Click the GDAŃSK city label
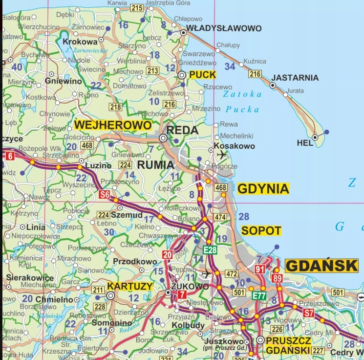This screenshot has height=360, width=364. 321,266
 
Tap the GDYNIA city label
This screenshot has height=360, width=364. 263,189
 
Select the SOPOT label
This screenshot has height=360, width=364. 261,231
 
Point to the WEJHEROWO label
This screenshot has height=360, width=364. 113,125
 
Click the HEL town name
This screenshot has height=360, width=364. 305,143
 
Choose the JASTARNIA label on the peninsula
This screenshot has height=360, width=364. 295,78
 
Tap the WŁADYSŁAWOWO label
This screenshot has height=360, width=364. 224,28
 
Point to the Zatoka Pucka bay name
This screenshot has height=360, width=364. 242,101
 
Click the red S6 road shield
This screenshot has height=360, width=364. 105,195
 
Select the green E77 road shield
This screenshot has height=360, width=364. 259,295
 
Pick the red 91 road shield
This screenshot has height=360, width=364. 259,269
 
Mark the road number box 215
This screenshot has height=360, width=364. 137,7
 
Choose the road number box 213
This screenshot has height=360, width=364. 152,71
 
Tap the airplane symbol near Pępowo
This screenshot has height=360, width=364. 206,273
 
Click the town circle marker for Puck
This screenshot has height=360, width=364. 182,75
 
